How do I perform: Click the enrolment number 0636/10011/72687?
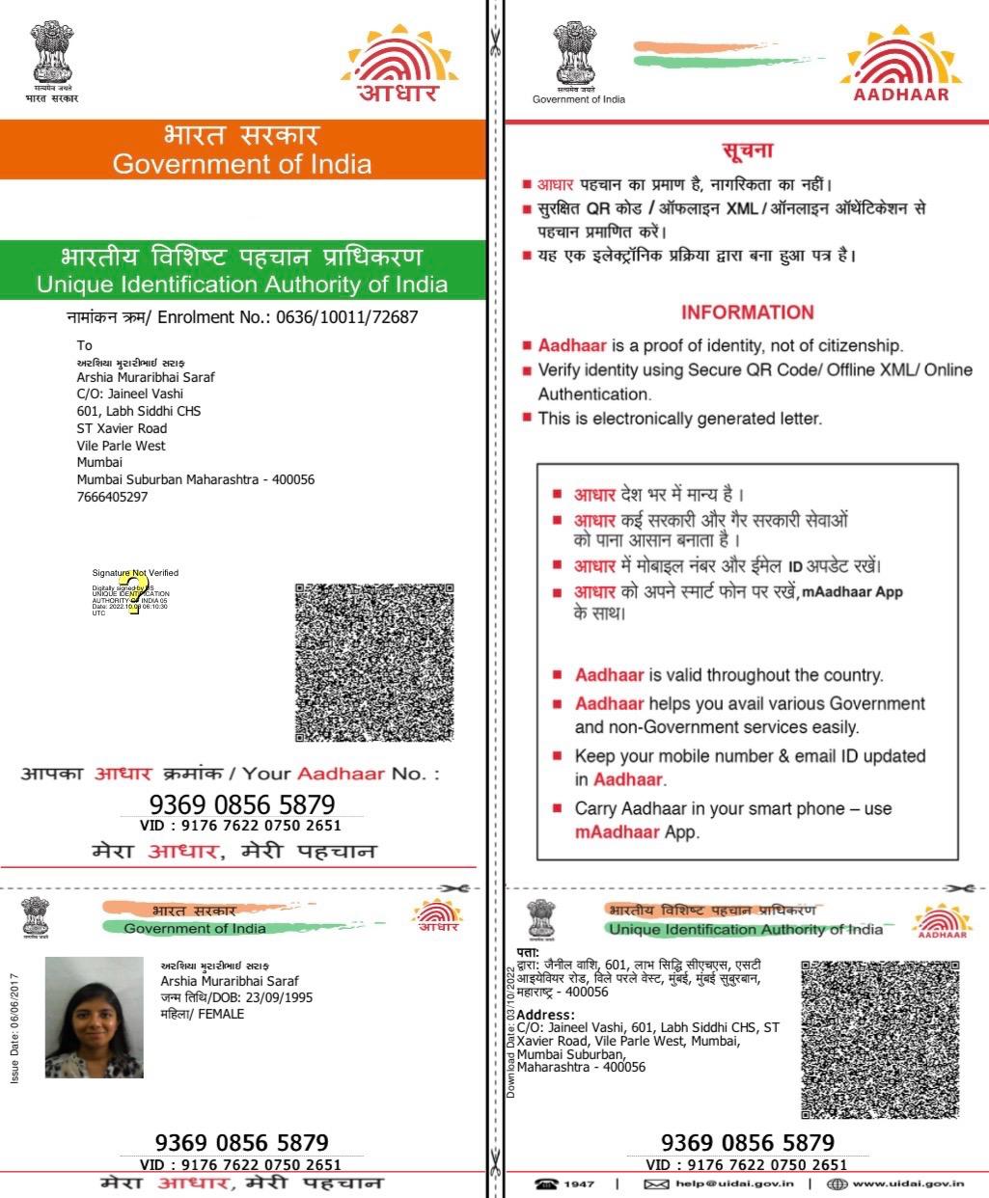pos(346,317)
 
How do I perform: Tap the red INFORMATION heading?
pos(747,313)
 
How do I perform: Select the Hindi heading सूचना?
pos(747,151)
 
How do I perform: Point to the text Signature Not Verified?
pos(135,573)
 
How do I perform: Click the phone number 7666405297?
pos(112,498)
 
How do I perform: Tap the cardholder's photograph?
pos(94,1017)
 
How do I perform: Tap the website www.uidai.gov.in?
pos(908,1184)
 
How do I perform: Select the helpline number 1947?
pos(579,1184)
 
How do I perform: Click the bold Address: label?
pos(545,1015)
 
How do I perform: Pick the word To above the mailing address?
pos(85,345)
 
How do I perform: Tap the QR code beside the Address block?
pos(881,1038)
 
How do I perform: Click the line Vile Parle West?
pos(121,446)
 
